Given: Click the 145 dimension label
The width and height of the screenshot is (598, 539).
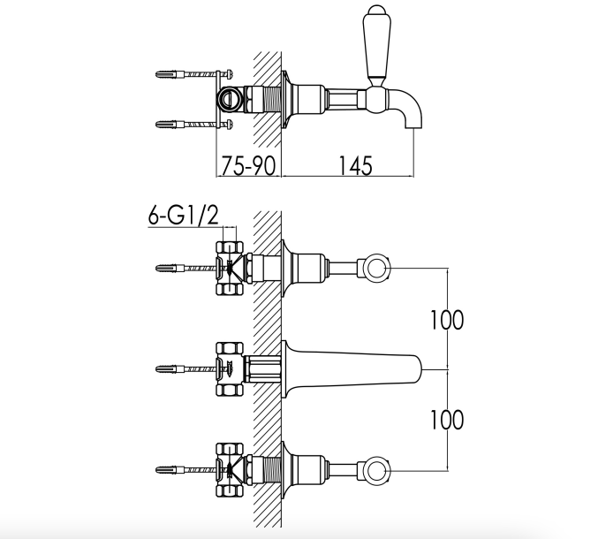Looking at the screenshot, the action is tap(355, 166).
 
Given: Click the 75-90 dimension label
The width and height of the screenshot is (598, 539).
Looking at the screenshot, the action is tap(248, 166).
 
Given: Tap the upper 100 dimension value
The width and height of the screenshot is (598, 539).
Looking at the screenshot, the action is tap(447, 320).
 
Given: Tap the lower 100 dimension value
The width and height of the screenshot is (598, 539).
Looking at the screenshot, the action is tap(447, 420).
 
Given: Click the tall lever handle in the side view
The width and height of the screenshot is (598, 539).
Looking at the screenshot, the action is tap(376, 45).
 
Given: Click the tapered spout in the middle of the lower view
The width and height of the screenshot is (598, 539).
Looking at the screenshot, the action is tap(351, 368).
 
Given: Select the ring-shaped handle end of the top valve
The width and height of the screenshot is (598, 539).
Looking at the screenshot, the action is tap(376, 268).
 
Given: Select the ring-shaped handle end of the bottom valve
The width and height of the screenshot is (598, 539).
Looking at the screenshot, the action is tap(376, 470).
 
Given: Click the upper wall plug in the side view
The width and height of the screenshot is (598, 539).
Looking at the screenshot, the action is tap(171, 74).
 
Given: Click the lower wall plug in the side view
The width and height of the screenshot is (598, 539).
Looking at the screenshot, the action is tap(171, 125).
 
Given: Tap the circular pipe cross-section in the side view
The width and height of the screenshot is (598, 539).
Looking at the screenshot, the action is tap(230, 99).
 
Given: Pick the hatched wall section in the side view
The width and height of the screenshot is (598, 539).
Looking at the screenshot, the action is tap(268, 100).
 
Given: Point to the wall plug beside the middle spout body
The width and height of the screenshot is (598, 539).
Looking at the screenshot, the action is tap(171, 368).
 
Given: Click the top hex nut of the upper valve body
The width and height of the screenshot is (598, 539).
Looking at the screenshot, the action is tap(230, 247).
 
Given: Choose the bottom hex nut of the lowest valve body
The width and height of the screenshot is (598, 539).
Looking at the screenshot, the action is tap(230, 491).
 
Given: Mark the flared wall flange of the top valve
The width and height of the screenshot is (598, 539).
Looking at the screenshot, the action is tap(287, 269).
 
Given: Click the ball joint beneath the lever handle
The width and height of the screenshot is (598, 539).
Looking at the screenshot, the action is tap(376, 100).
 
